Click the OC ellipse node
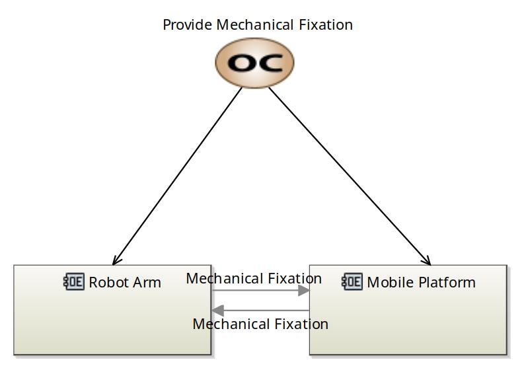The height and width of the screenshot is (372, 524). click(x=254, y=63)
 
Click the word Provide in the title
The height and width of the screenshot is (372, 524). click(x=188, y=25)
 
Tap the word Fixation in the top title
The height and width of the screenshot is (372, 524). click(x=326, y=24)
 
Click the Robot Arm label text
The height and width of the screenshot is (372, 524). click(x=125, y=282)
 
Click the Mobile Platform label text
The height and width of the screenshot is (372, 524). click(x=421, y=282)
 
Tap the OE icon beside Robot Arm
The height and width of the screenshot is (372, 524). click(x=74, y=281)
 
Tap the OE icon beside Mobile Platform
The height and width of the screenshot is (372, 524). click(x=352, y=281)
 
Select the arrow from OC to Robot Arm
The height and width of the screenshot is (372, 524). click(x=177, y=176)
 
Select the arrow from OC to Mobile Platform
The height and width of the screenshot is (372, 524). click(x=350, y=176)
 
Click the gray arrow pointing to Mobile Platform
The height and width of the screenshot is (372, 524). click(x=260, y=291)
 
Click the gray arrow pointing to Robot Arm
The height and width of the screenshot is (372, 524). click(x=260, y=311)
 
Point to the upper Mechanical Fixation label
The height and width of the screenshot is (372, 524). click(x=254, y=278)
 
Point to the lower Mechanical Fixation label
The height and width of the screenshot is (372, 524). click(x=260, y=324)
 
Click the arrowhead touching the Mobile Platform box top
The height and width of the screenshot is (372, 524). click(x=427, y=261)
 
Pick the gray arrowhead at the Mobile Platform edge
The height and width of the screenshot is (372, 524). click(x=304, y=291)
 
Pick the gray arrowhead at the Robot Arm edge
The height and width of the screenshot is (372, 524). click(x=217, y=311)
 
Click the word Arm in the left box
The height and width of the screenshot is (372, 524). click(x=148, y=282)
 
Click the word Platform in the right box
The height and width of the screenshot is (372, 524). click(x=447, y=282)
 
